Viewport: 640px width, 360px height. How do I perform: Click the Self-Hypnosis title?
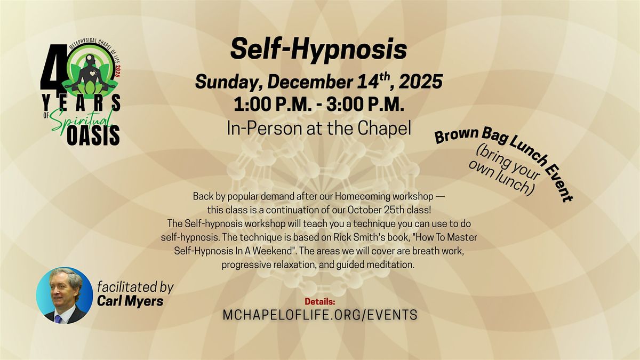(x=318, y=50)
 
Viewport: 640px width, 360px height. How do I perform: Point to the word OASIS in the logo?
(x=93, y=137)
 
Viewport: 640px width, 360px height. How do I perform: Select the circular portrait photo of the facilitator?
(x=65, y=295)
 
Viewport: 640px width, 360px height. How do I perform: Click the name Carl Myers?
(x=130, y=301)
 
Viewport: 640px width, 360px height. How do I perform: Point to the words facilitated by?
(x=135, y=287)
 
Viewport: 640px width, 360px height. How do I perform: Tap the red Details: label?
(x=319, y=301)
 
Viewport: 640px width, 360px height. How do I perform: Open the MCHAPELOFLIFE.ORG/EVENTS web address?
(x=319, y=315)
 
